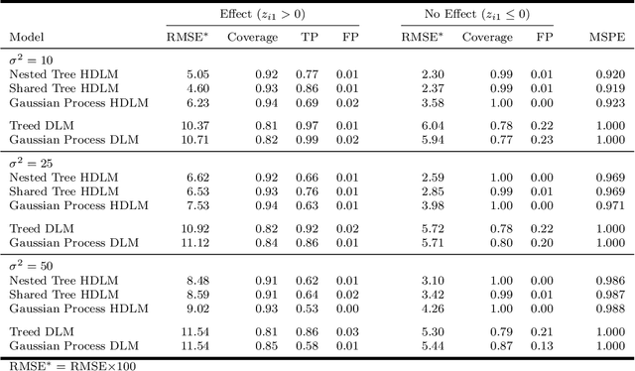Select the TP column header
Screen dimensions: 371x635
click(311, 38)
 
